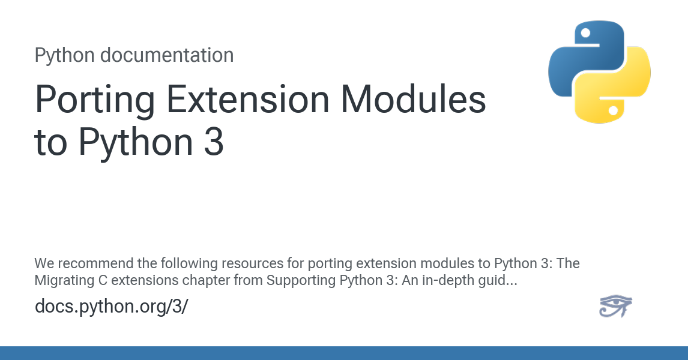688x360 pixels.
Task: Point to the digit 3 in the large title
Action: pyautogui.click(x=214, y=143)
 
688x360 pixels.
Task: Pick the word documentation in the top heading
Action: pyautogui.click(x=166, y=55)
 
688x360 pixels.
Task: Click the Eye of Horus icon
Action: pyautogui.click(x=615, y=306)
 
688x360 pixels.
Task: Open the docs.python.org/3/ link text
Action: pyautogui.click(x=112, y=306)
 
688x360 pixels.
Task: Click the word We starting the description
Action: pyautogui.click(x=44, y=263)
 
